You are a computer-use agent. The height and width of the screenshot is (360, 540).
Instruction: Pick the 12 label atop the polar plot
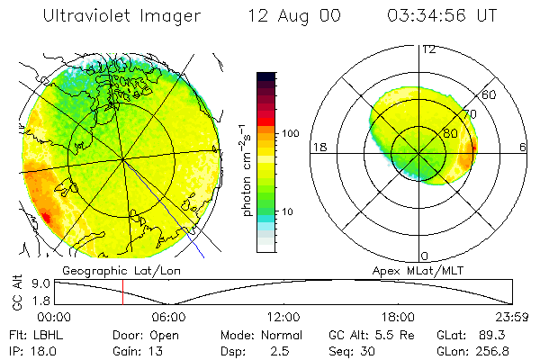click(x=428, y=49)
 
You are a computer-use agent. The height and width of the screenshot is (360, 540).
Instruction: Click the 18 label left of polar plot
click(x=319, y=147)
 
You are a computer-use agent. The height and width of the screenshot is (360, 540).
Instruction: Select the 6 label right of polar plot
click(x=523, y=147)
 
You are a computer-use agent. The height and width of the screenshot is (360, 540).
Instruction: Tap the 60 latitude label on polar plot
click(x=490, y=94)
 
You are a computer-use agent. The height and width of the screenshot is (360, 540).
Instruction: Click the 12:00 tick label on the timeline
click(x=283, y=317)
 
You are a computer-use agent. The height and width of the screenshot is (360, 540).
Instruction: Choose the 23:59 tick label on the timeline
click(x=511, y=317)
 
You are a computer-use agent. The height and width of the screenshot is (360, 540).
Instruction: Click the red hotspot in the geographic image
click(x=44, y=217)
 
